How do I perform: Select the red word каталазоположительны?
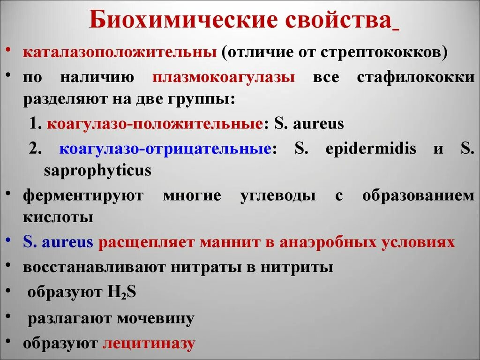point(120,52)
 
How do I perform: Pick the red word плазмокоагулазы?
point(224,77)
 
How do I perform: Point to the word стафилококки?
point(415,77)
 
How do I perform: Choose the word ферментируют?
point(82,195)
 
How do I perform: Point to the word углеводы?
point(277,195)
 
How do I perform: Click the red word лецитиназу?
point(149,344)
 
